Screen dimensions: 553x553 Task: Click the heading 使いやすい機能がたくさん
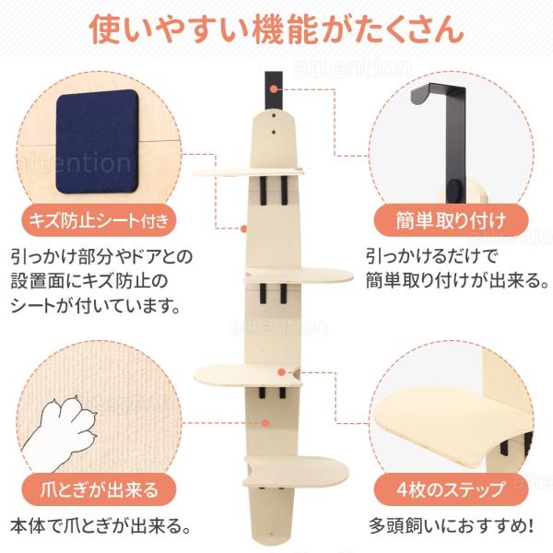pos(276,29)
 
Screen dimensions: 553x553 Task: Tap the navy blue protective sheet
pos(97,141)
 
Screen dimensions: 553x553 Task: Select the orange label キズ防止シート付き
pos(99,220)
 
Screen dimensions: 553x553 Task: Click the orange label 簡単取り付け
pos(451,221)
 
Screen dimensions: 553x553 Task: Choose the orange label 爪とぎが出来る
pos(99,489)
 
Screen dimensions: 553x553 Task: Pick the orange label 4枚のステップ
pos(451,489)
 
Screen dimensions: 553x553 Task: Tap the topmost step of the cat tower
pos(248,171)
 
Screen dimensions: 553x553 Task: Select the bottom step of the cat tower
pos(296,471)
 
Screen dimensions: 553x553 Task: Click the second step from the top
pos(299,275)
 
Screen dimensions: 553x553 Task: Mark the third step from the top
pos(248,375)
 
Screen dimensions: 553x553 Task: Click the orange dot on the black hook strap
pos(274,89)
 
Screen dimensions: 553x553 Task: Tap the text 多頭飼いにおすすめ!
pos(451,526)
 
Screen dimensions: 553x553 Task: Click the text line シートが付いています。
pos(95,306)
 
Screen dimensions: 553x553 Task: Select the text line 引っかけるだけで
pos(431,257)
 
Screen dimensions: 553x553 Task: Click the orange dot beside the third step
pos(281,371)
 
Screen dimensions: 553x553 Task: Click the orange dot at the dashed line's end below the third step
pos(266,422)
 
